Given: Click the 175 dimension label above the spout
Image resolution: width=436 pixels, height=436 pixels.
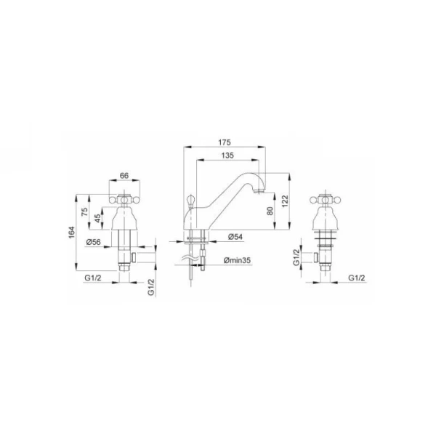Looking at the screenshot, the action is pyautogui.click(x=225, y=142).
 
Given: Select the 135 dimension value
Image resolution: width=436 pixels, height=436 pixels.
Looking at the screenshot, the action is pyautogui.click(x=227, y=156).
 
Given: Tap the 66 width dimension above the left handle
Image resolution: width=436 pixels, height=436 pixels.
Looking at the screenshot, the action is pyautogui.click(x=124, y=176).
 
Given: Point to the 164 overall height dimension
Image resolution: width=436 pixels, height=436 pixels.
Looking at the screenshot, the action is pyautogui.click(x=72, y=233).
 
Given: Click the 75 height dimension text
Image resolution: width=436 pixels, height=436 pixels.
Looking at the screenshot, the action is pyautogui.click(x=84, y=211).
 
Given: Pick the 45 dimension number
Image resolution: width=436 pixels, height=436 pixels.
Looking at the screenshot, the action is pyautogui.click(x=97, y=218).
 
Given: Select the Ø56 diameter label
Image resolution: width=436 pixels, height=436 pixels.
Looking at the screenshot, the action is pyautogui.click(x=94, y=242).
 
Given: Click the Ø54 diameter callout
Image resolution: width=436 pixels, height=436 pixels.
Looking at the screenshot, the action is pyautogui.click(x=235, y=237).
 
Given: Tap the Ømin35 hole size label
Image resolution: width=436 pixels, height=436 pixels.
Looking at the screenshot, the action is pyautogui.click(x=237, y=260).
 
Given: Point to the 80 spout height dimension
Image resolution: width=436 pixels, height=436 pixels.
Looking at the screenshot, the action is pyautogui.click(x=270, y=211).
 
